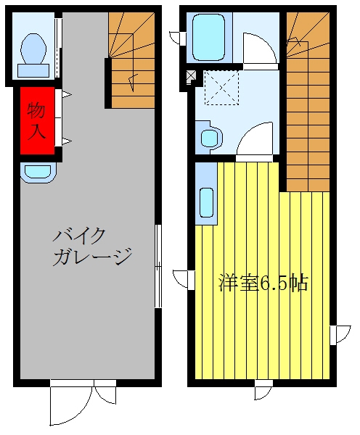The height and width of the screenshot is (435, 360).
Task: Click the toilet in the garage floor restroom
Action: (x=33, y=55)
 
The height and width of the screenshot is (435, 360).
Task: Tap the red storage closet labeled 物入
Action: (x=37, y=120)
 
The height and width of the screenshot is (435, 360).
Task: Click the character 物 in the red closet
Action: (x=36, y=110)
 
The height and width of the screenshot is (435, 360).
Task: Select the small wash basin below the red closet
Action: (x=38, y=173)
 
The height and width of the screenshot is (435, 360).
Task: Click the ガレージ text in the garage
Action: (x=92, y=257)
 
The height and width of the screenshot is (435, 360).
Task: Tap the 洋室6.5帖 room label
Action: (x=263, y=283)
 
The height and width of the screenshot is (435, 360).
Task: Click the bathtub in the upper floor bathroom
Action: (x=208, y=37)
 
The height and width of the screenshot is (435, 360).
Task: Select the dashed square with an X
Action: (x=221, y=88)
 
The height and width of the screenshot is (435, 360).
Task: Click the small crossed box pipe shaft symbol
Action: (x=191, y=75)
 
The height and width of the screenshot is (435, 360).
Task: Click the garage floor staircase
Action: (x=131, y=60)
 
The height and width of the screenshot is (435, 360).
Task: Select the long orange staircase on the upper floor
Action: (x=308, y=102)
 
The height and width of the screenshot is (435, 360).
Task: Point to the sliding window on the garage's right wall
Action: (x=157, y=266)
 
